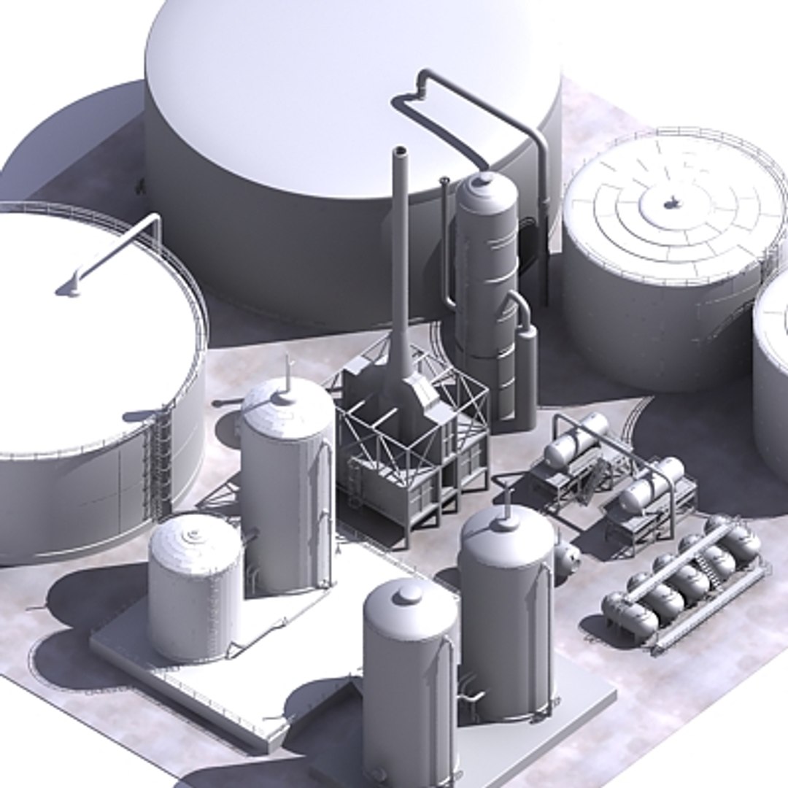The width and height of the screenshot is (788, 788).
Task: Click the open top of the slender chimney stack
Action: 400,152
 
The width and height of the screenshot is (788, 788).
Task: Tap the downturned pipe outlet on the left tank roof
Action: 69,290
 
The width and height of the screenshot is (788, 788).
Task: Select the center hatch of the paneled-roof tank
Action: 671,203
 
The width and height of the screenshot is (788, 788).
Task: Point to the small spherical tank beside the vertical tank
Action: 568,558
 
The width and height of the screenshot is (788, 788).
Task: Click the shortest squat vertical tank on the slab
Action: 195,584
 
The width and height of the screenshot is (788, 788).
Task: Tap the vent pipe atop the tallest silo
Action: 287,374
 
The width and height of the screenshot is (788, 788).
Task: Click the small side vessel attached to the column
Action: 526,372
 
